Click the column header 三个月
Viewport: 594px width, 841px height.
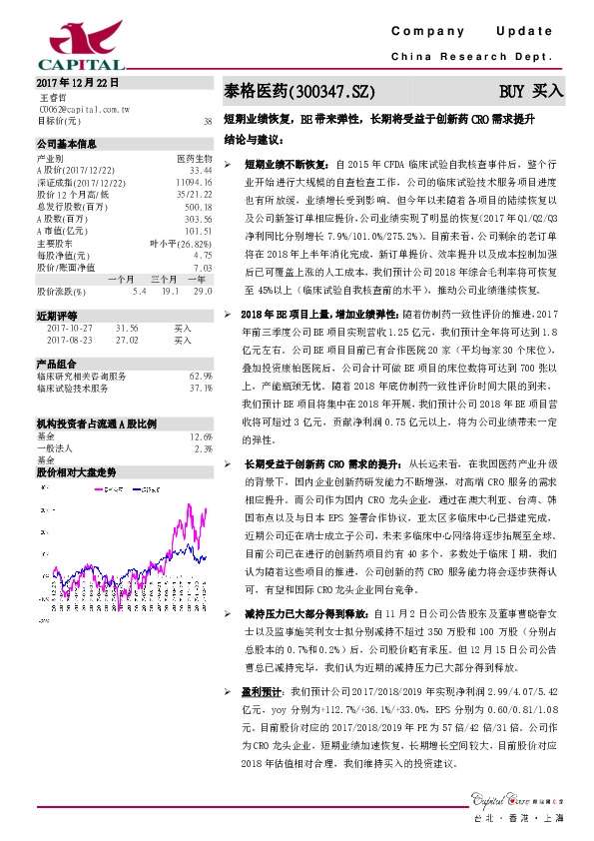[x=165, y=279]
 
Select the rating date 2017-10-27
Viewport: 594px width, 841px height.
[x=69, y=327]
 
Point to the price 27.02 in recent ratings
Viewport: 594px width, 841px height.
[x=127, y=340]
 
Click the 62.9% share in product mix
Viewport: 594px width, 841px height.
[x=201, y=376]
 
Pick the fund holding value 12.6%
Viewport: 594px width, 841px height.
[x=201, y=436]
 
